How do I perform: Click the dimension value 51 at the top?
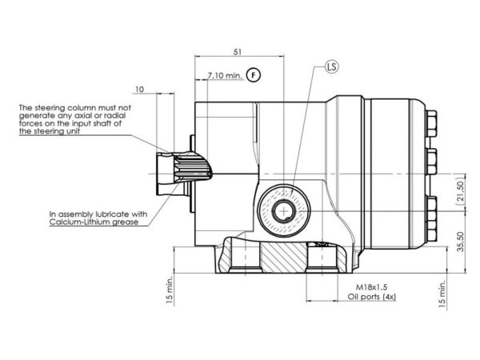pos(238,52)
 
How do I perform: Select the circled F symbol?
pos(254,75)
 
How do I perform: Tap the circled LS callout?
pos(332,66)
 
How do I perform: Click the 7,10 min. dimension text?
pos(225,75)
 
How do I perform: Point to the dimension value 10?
pos(139,90)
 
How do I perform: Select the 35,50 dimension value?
pos(461,242)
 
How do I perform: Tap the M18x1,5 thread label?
pos(371,287)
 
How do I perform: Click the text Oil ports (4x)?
pos(372,297)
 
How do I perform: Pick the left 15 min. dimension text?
pos(170,290)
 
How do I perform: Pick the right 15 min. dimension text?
pos(442,294)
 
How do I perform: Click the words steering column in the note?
pos(66,108)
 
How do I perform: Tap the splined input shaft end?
pos(184,174)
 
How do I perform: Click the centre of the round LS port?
pos(284,211)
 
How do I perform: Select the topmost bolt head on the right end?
pos(431,124)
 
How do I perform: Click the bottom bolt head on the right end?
pos(431,219)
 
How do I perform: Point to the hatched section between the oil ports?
pos(283,257)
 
